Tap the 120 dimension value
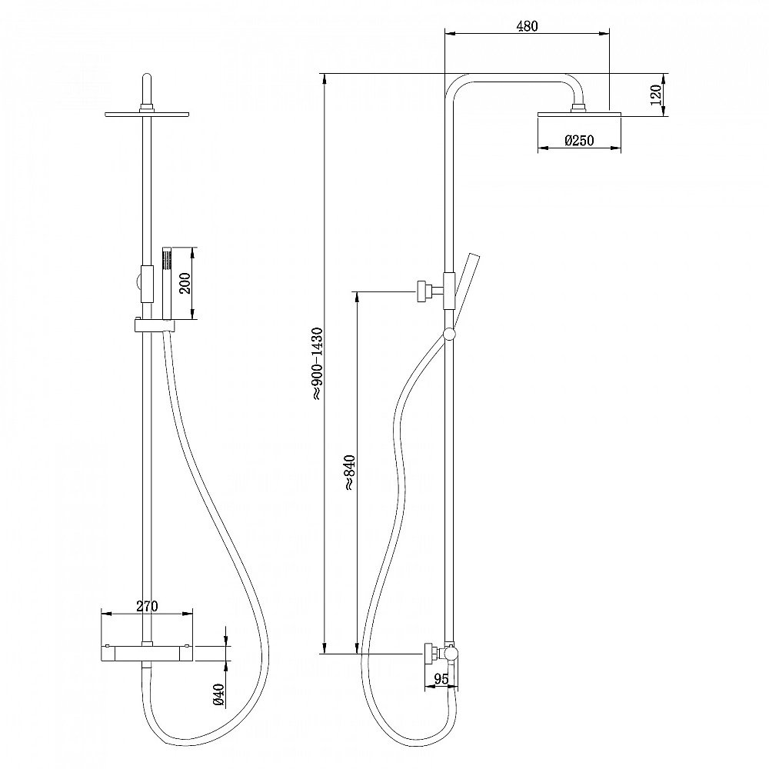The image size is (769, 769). tap(655, 95)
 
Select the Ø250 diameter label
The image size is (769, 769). tap(578, 141)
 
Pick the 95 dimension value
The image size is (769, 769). tap(441, 678)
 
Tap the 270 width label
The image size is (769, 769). tap(147, 606)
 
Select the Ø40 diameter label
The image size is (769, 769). tap(218, 694)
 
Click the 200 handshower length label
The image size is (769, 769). tap(185, 284)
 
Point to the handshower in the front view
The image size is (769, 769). tap(165, 285)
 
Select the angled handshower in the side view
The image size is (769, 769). tap(464, 285)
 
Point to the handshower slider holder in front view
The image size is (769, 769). tap(154, 327)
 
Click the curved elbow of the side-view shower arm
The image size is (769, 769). tap(458, 85)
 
